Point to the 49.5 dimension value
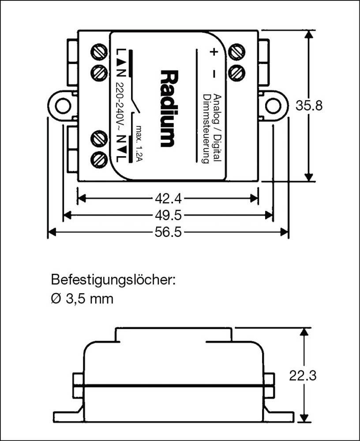click(x=167, y=215)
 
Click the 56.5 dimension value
click(x=167, y=232)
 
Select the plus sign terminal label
click(x=213, y=52)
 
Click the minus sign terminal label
click(x=213, y=73)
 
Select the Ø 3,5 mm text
click(x=82, y=299)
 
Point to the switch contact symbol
click(x=134, y=106)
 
